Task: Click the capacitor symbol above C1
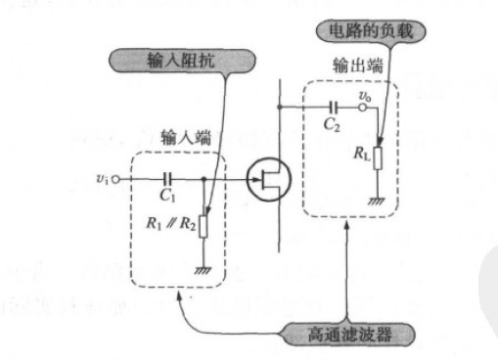point(167,179)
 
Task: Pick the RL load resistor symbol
point(376,156)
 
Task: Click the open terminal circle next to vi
point(115,180)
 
